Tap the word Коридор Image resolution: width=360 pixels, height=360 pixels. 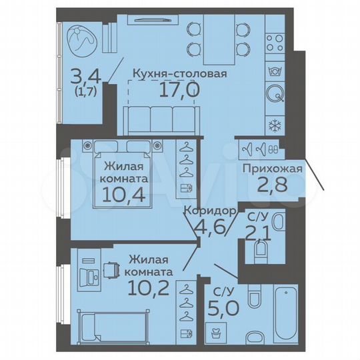[211, 211]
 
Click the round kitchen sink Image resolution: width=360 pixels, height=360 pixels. [275, 93]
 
